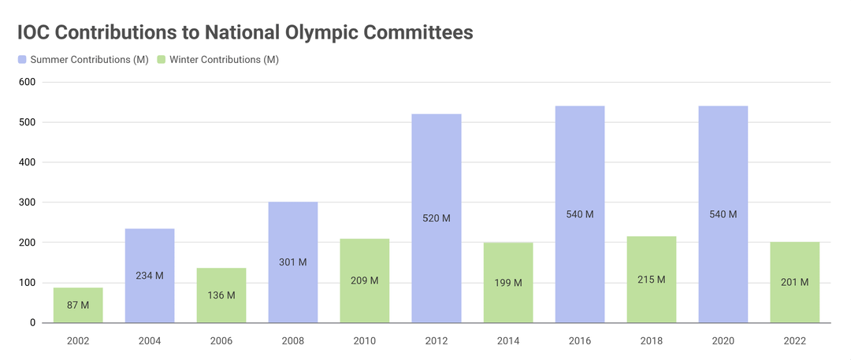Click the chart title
(x=245, y=32)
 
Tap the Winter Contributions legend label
(x=224, y=60)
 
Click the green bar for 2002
(x=78, y=305)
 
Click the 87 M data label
(x=78, y=305)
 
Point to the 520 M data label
(x=437, y=218)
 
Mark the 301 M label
(x=293, y=262)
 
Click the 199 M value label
(x=508, y=282)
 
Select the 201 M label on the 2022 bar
(x=794, y=282)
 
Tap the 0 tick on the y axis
(x=32, y=323)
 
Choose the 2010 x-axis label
(x=365, y=340)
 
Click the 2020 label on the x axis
(x=723, y=340)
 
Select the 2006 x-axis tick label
(x=221, y=340)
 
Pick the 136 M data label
(x=221, y=295)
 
